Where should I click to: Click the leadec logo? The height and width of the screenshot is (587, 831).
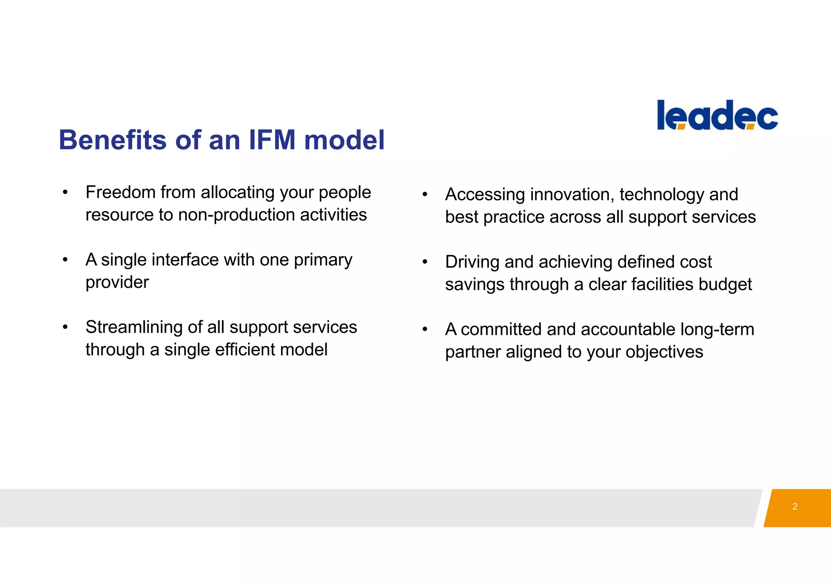point(717,115)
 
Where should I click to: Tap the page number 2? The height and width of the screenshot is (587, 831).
point(795,506)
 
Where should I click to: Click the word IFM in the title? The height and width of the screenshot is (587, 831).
point(272,140)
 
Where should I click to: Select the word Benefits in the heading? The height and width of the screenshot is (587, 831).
point(113,140)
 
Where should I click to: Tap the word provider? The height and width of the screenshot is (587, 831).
point(117,283)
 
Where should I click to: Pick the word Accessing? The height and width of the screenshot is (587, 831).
point(485,195)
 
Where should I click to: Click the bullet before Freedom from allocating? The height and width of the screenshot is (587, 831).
point(65,192)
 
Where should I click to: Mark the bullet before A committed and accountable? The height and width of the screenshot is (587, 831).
point(425,329)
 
